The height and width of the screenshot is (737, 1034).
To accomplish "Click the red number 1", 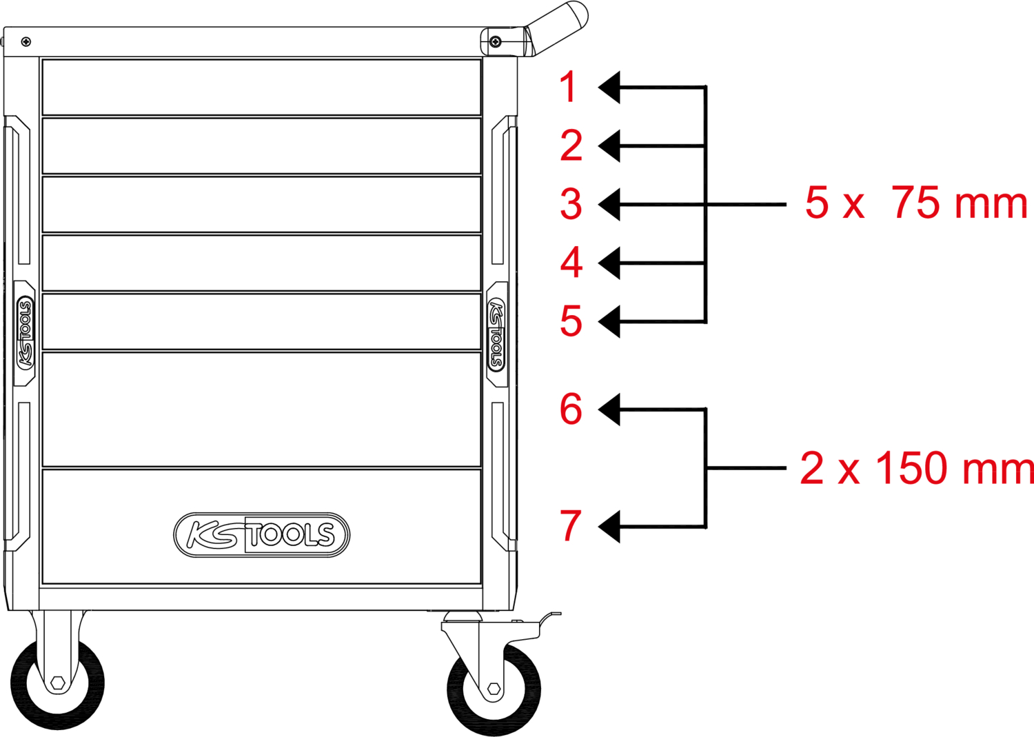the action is [568, 87].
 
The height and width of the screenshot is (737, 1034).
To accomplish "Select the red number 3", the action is [571, 203].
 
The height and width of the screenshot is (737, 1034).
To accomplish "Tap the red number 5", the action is [571, 321].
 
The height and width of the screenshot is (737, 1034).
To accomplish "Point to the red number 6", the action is [571, 409].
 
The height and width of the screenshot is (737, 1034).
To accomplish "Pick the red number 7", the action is [571, 525].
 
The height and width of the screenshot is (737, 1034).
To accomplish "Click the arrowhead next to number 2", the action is [609, 146].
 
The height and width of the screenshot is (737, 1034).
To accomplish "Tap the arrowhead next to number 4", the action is [609, 263].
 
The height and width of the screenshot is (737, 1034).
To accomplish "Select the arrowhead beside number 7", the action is [609, 527].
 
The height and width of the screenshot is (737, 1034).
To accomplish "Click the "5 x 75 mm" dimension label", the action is [916, 203].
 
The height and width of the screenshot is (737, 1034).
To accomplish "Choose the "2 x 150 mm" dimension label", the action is [917, 468].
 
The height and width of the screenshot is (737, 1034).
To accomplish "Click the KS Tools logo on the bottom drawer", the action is [262, 534].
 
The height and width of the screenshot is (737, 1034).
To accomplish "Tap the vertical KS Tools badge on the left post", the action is [25, 333].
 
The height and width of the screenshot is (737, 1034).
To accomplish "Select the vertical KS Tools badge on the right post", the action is [497, 334].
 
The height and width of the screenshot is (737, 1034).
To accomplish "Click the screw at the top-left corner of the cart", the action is [26, 42].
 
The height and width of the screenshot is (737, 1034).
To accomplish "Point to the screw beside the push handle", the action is [496, 42].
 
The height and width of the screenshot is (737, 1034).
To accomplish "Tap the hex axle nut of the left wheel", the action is [58, 683].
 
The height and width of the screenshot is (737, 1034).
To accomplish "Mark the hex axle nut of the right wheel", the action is [494, 689].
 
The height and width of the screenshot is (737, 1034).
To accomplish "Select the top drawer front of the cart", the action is [262, 88].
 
